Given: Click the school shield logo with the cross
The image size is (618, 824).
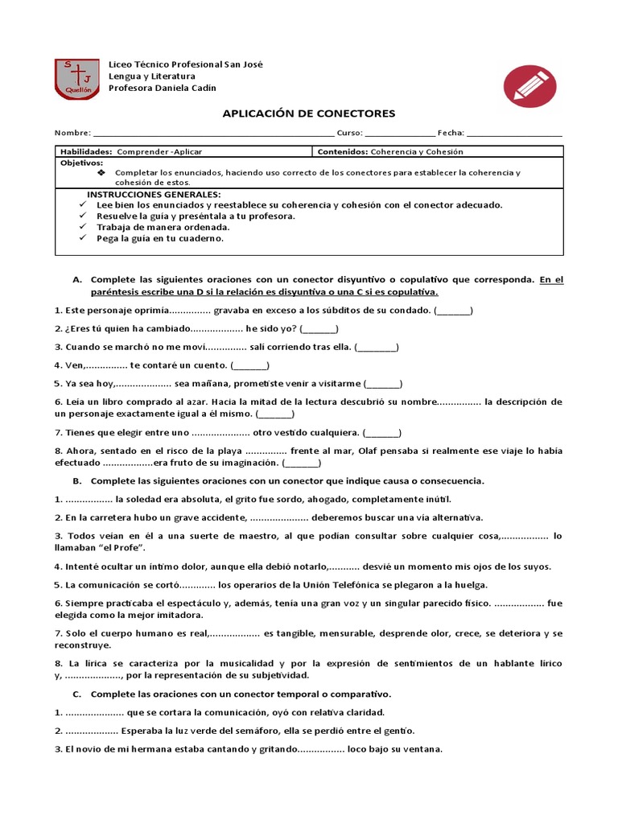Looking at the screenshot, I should tap(77, 79).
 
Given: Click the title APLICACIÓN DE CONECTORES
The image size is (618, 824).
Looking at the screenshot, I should tap(309, 114).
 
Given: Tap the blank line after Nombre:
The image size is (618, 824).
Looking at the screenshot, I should tap(213, 133).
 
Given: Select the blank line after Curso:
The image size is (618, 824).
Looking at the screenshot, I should tap(399, 133).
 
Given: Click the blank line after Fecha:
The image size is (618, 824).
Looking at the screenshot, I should tap(514, 133).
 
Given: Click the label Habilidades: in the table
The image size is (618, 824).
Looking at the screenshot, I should tap(86, 151).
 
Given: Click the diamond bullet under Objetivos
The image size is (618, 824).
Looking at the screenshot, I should tap(101, 173).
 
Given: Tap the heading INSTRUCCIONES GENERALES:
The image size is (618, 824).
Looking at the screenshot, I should tap(153, 195).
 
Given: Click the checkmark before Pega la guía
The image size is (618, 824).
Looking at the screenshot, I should tap(83, 238).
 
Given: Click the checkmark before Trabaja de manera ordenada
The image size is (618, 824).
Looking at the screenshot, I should tap(83, 227).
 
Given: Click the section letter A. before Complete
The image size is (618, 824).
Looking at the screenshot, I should tap(77, 279).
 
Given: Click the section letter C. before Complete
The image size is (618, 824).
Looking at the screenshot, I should tap(77, 693).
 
